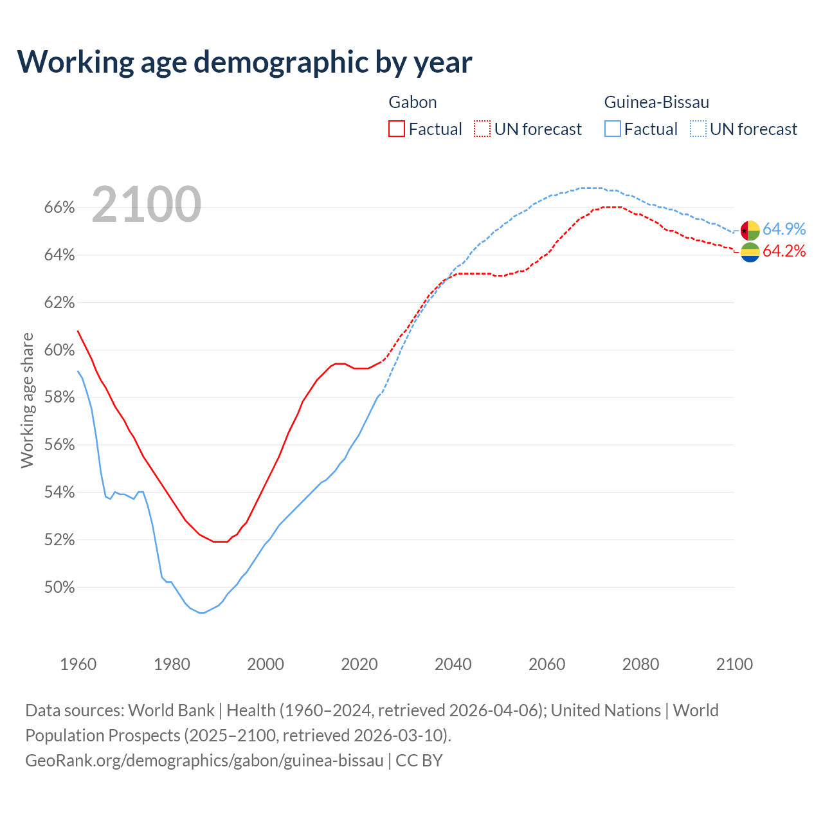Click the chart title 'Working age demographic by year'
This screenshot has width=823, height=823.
pos(244,62)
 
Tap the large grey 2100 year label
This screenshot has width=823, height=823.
pos(147,204)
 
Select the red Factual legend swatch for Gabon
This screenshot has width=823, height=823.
pos(397,129)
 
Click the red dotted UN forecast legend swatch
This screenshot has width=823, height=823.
pos(482,129)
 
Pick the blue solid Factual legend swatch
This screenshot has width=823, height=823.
pos(613,129)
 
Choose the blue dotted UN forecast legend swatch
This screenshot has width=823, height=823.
pos(698,129)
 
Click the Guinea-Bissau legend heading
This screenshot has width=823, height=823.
pos(656,102)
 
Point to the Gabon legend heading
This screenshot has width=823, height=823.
pos(413,102)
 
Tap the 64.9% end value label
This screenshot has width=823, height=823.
pos(784,230)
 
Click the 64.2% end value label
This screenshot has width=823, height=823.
pos(784,251)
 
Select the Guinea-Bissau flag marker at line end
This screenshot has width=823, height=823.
pos(750,230)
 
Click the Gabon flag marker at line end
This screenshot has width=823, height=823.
pos(750,253)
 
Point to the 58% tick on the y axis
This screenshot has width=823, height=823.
pos(59,397)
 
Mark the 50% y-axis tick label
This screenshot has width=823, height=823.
pos(59,587)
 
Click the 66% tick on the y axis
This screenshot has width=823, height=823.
pos(59,208)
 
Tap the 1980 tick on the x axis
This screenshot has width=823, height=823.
pos(172,664)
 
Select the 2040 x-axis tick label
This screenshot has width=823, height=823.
pos(453,664)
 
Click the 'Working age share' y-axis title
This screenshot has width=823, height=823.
pos(27,400)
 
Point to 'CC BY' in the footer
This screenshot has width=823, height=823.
pos(419,761)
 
